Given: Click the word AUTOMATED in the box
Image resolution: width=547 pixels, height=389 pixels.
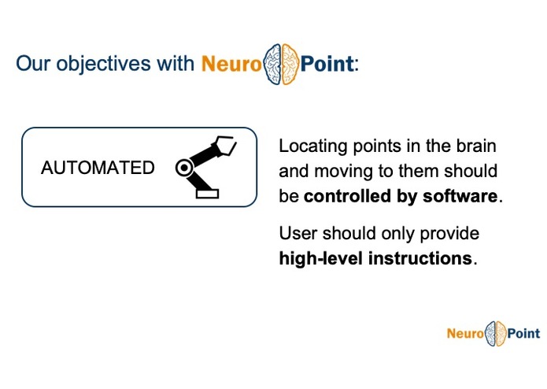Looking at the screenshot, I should (98, 168).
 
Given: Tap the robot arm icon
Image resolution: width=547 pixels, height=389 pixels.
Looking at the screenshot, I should (205, 166).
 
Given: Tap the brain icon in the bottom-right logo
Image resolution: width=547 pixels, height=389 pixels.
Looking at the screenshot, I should (495, 333).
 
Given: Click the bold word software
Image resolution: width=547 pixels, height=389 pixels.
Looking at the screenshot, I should (460, 196).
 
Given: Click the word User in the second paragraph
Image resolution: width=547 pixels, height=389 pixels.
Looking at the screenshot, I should (297, 234).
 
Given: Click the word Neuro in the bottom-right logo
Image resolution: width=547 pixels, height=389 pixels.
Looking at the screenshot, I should (464, 333).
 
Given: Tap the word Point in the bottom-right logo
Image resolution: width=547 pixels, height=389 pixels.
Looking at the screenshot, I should (523, 333).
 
